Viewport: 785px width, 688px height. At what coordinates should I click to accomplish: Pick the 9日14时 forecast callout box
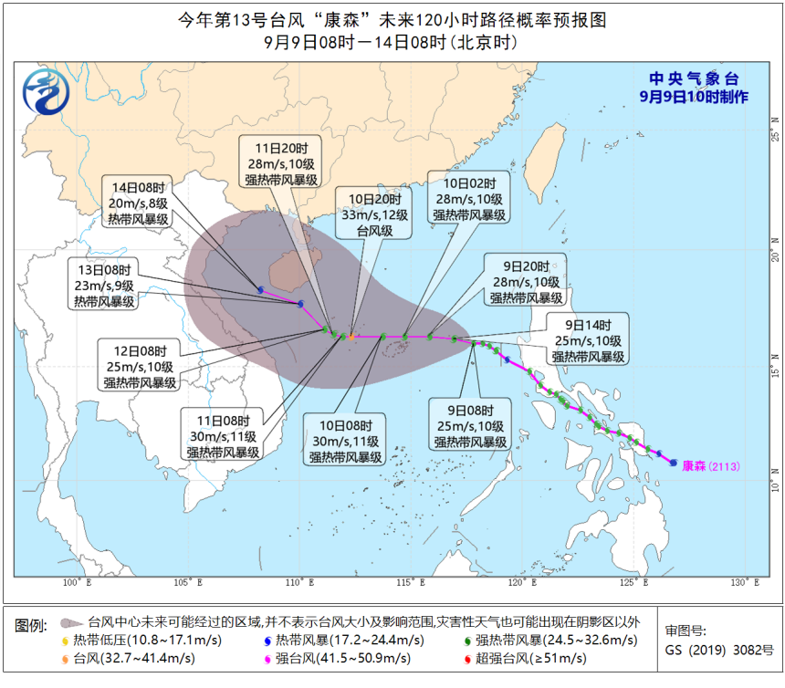pos(588,339)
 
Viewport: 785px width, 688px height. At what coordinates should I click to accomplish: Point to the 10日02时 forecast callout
pos(470,198)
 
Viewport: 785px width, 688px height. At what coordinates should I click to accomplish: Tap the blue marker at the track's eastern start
pos(674,463)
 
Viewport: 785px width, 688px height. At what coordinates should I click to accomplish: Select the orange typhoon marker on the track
pos(352,338)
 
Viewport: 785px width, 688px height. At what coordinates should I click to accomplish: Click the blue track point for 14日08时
pos(261,290)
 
